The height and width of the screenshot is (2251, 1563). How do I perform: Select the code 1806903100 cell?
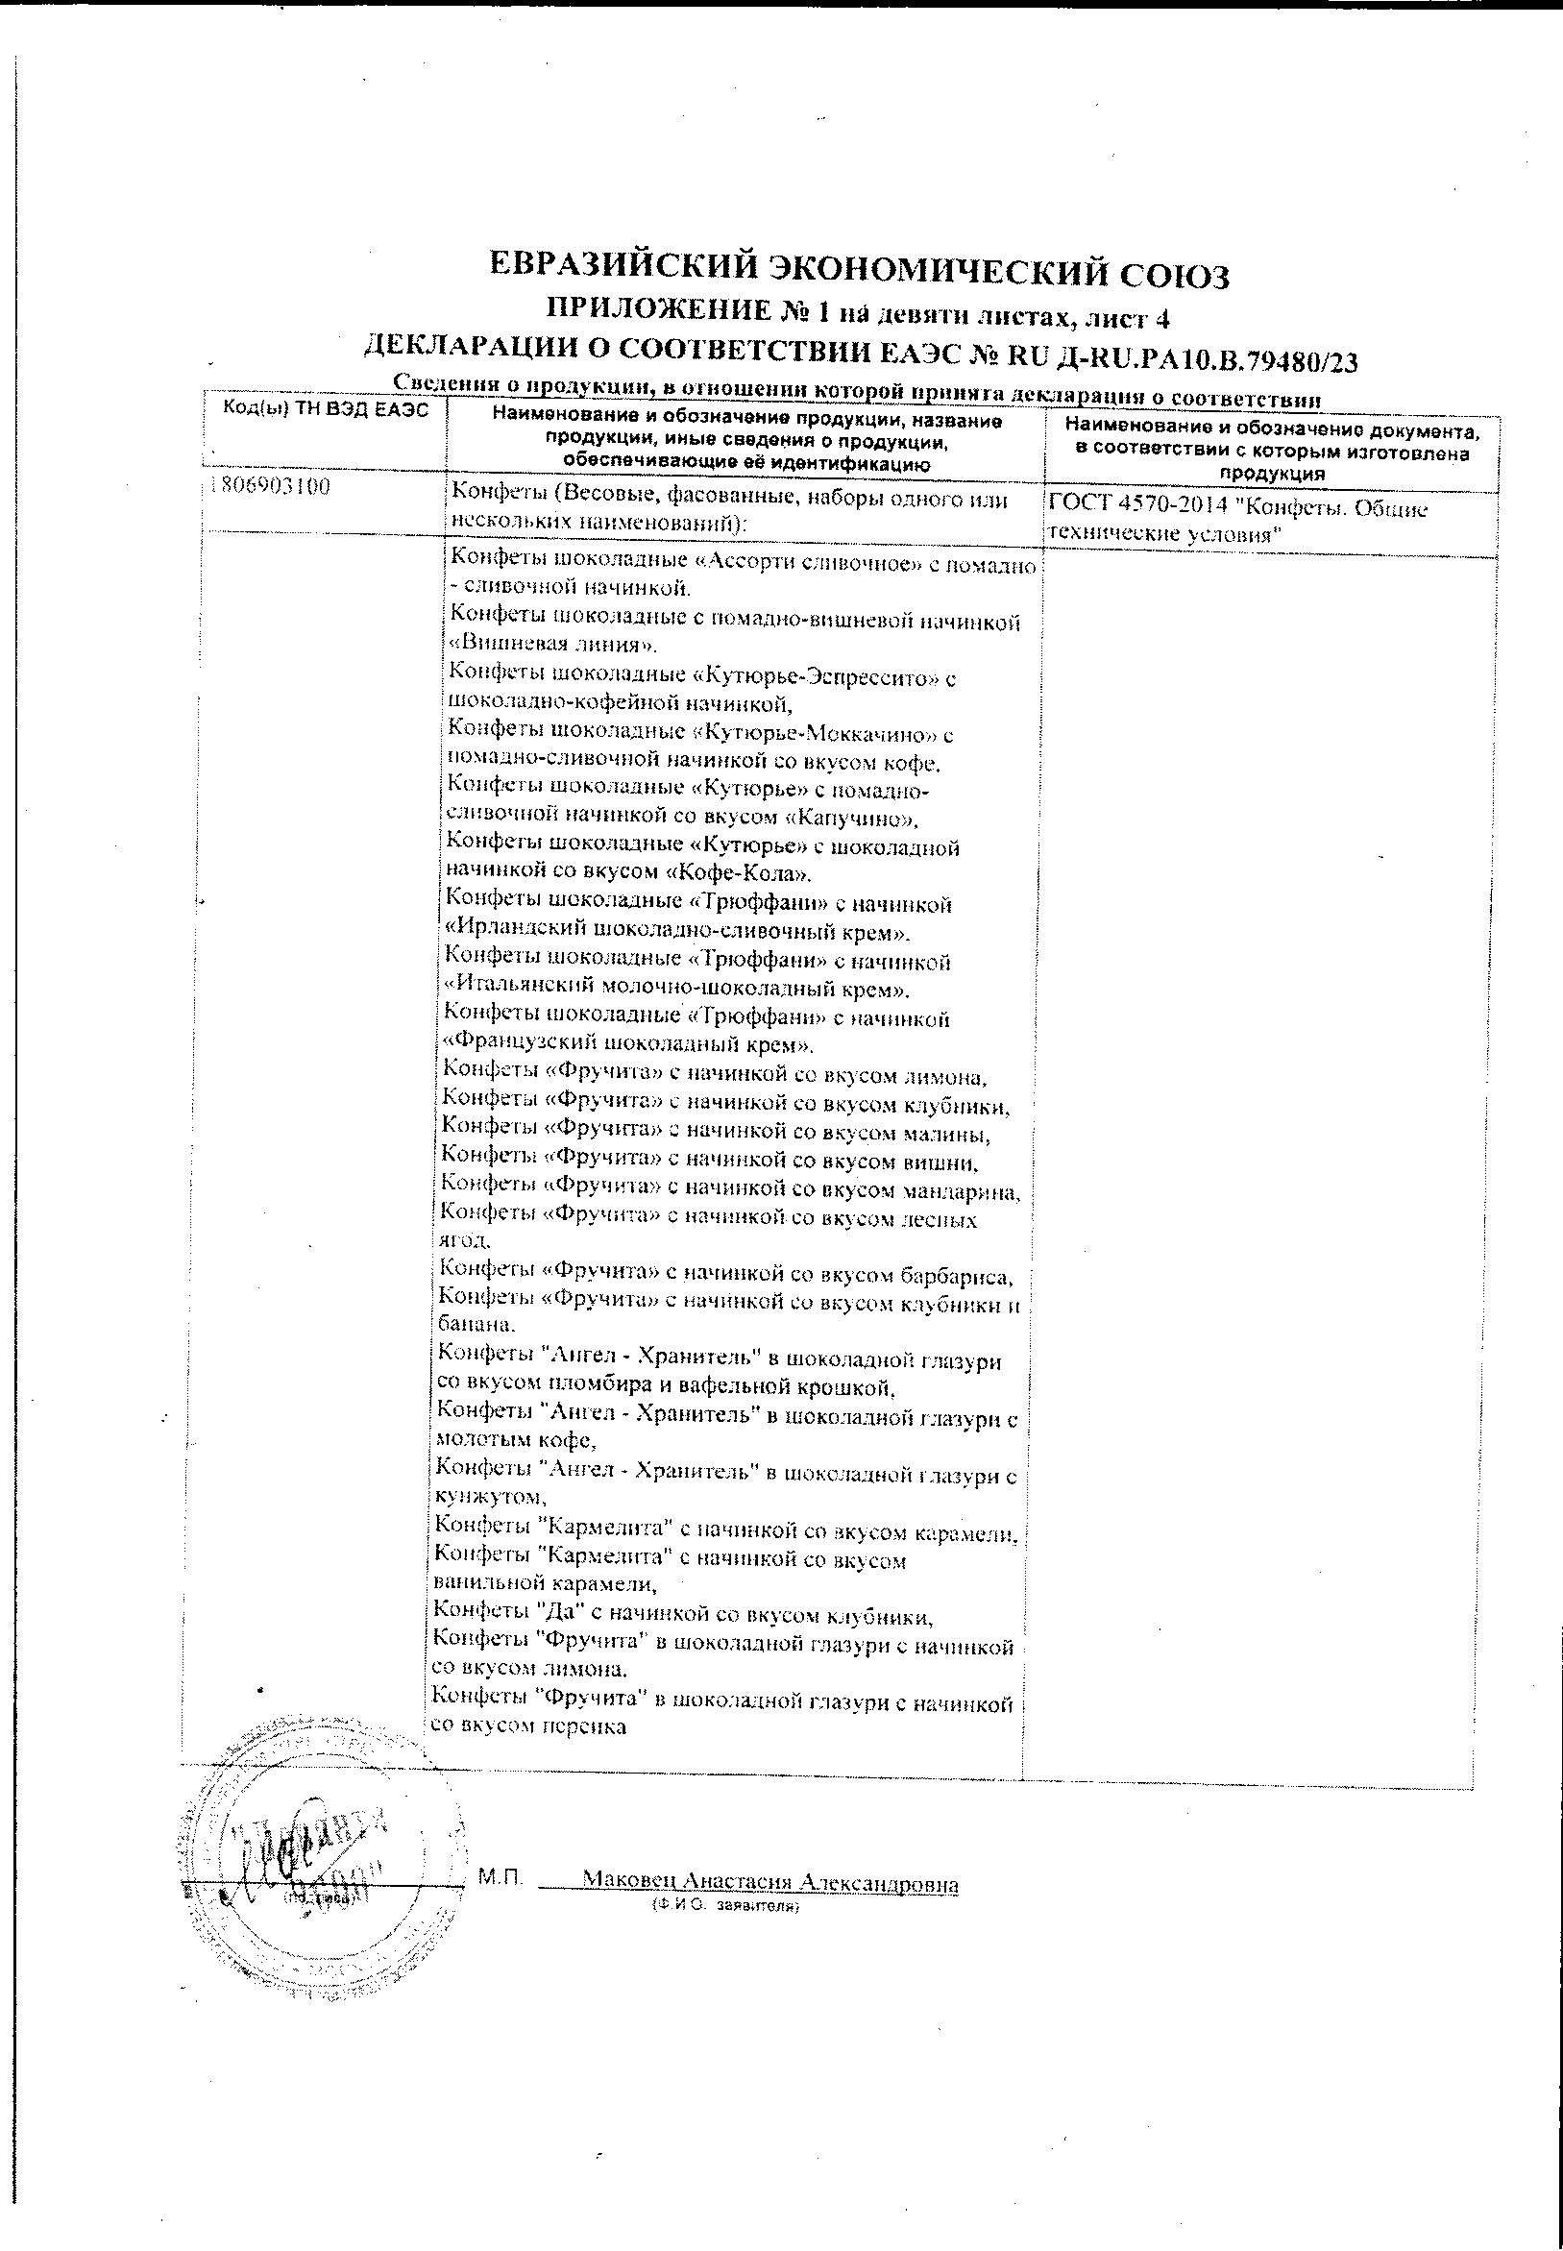pos(269,487)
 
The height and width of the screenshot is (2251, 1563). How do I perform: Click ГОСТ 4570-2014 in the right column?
pos(1137,508)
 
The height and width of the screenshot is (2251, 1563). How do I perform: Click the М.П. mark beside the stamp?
pos(501,1877)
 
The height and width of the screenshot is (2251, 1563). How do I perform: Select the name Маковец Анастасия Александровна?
pos(769,1882)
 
